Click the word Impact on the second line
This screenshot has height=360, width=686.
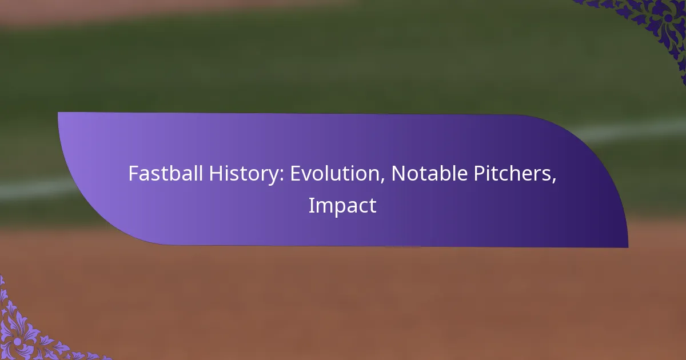click(342, 206)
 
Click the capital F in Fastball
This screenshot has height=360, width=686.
click(133, 173)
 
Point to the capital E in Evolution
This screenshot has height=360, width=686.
click(295, 173)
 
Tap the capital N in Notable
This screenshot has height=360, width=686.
click(398, 173)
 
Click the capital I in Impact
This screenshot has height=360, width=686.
click(311, 206)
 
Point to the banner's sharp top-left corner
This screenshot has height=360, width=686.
click(59, 113)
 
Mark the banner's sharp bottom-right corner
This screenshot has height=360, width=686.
click(627, 247)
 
